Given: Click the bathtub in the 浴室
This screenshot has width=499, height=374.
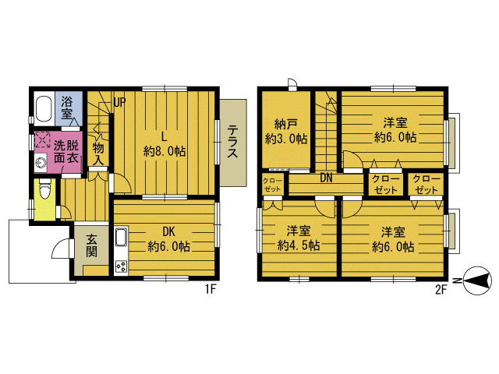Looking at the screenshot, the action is pos(44,108).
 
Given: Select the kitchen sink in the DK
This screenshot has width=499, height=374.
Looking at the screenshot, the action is pos(122,238).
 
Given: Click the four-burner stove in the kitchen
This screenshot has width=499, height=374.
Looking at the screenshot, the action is pos(122,266).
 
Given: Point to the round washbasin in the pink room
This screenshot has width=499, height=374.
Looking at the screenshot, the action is pos(41,162).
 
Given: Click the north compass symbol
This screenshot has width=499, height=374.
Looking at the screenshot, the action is pos(477,280).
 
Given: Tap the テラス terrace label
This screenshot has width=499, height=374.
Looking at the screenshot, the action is pos(232,142).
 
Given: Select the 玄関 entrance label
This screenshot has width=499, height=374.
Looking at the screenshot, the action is pos(92,245).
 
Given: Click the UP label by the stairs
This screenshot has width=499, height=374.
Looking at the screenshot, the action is pos(119,102).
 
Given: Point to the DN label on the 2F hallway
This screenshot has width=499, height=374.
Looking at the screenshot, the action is pos(326,178).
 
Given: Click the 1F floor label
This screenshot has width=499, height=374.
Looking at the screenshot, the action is pos(211,289).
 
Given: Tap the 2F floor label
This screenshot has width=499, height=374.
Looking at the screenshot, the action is pos(441,289).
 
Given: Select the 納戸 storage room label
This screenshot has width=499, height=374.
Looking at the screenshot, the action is pos(286,124).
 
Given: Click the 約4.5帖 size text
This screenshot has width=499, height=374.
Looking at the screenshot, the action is pos(299,245).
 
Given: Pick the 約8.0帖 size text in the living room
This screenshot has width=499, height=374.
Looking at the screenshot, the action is pos(165,151).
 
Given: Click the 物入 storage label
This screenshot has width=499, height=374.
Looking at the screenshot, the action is pos(98,153).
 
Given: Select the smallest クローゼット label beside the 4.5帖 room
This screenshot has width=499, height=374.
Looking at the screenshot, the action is pos(273,185).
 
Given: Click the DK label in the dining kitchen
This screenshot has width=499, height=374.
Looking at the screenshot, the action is pos(168,232).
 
